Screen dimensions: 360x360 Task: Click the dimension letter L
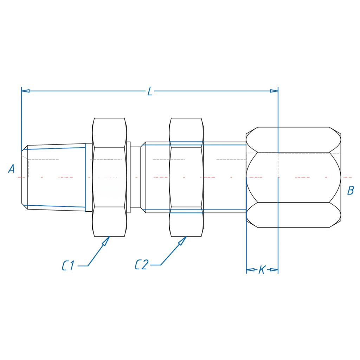tap(150, 91)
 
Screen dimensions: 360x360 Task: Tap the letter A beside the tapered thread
tap(11, 168)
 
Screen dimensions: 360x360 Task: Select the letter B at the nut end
tap(351, 191)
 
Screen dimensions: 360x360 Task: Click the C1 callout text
tap(68, 266)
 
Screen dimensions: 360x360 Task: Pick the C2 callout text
tap(142, 264)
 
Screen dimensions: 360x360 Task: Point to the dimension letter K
tap(262, 270)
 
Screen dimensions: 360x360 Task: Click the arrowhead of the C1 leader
tap(106, 241)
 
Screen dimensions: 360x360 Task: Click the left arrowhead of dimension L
tap(25, 91)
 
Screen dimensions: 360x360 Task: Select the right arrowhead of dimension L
tap(274, 91)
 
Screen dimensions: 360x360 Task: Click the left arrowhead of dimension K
tap(250, 270)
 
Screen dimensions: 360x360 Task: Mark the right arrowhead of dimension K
tap(274, 270)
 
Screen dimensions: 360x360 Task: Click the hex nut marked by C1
tap(109, 177)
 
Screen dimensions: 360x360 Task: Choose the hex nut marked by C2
tap(186, 177)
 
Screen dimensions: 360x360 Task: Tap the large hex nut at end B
tap(294, 177)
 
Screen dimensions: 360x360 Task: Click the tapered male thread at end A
tap(56, 177)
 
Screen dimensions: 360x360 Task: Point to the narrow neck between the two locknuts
tap(135, 177)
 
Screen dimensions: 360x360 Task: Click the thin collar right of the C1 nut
tap(128, 177)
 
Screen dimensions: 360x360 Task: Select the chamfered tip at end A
tap(25, 177)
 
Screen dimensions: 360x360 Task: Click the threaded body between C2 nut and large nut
tap(225, 177)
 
